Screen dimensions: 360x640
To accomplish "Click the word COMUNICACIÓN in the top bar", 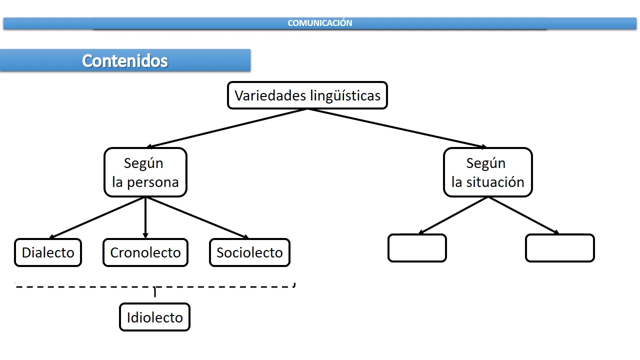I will (320, 23).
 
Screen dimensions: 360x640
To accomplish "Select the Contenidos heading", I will (125, 60).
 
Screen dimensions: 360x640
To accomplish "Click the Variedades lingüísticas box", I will (307, 95).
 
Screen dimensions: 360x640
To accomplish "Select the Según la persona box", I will (145, 172).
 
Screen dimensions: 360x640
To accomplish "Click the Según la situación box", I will (487, 172).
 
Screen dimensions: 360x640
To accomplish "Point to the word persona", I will (152, 182).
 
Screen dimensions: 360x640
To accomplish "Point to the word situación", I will (495, 182).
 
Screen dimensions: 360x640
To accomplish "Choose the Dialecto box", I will (48, 252).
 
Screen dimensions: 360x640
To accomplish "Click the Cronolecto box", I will (145, 252).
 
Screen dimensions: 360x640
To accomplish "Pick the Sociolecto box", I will (249, 252).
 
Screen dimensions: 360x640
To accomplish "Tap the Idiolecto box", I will (154, 317).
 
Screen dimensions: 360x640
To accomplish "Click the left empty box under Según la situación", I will (417, 248).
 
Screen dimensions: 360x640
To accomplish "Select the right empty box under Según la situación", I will (559, 248).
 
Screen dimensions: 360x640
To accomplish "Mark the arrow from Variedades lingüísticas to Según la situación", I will (397, 128).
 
